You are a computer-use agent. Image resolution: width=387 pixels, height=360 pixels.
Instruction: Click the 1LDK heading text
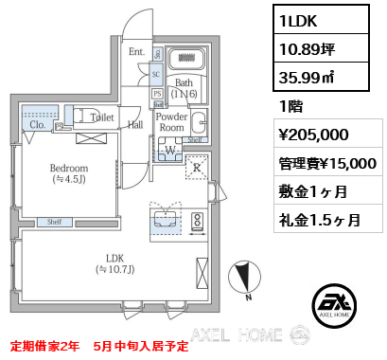(x=302, y=20)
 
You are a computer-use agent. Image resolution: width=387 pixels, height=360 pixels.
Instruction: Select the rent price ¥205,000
(x=314, y=135)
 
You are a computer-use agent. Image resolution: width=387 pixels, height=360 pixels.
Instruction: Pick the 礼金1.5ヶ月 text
(x=320, y=220)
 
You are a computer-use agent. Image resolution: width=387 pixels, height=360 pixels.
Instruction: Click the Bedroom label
(x=68, y=171)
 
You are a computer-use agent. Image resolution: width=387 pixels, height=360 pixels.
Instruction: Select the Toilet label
(x=102, y=118)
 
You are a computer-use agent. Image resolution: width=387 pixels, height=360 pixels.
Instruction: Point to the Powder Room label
(x=172, y=121)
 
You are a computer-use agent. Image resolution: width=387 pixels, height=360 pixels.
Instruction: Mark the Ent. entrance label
(x=136, y=52)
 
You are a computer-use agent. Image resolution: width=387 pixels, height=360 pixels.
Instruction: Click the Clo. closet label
(x=38, y=124)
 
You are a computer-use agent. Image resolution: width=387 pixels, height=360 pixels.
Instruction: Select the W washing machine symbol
(x=170, y=148)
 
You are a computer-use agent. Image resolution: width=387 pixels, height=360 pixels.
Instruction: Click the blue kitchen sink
(x=167, y=223)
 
